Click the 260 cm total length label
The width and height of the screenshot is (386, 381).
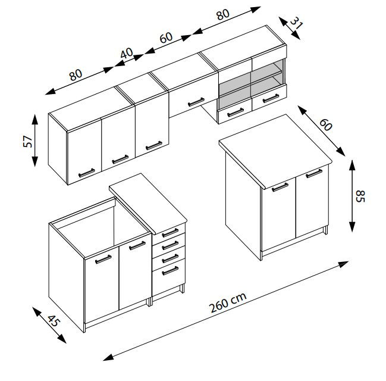click(x=228, y=302)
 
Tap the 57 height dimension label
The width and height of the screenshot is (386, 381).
click(x=28, y=142)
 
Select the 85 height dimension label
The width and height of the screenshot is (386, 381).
click(x=360, y=196)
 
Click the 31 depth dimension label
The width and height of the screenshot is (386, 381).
click(x=297, y=23)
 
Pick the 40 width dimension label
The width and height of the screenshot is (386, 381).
click(x=127, y=53)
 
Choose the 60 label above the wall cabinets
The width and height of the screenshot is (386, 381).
click(x=166, y=38)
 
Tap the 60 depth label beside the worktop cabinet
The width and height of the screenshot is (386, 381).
click(x=326, y=124)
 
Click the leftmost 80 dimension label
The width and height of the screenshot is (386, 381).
click(x=76, y=75)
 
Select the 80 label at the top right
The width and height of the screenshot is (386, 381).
click(x=223, y=14)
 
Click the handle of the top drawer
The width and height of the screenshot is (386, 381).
click(x=170, y=232)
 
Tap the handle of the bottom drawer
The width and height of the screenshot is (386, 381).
click(x=170, y=271)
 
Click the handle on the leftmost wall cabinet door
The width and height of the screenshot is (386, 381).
click(x=87, y=173)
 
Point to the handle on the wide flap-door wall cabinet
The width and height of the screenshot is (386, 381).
click(x=196, y=102)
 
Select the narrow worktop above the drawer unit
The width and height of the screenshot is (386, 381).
click(x=148, y=204)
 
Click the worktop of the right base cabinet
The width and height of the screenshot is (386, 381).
click(x=275, y=152)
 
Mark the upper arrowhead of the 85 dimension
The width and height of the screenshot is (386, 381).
click(x=352, y=165)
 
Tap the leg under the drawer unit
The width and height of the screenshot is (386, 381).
click(x=182, y=289)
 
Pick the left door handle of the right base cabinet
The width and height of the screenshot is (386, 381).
click(x=280, y=188)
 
